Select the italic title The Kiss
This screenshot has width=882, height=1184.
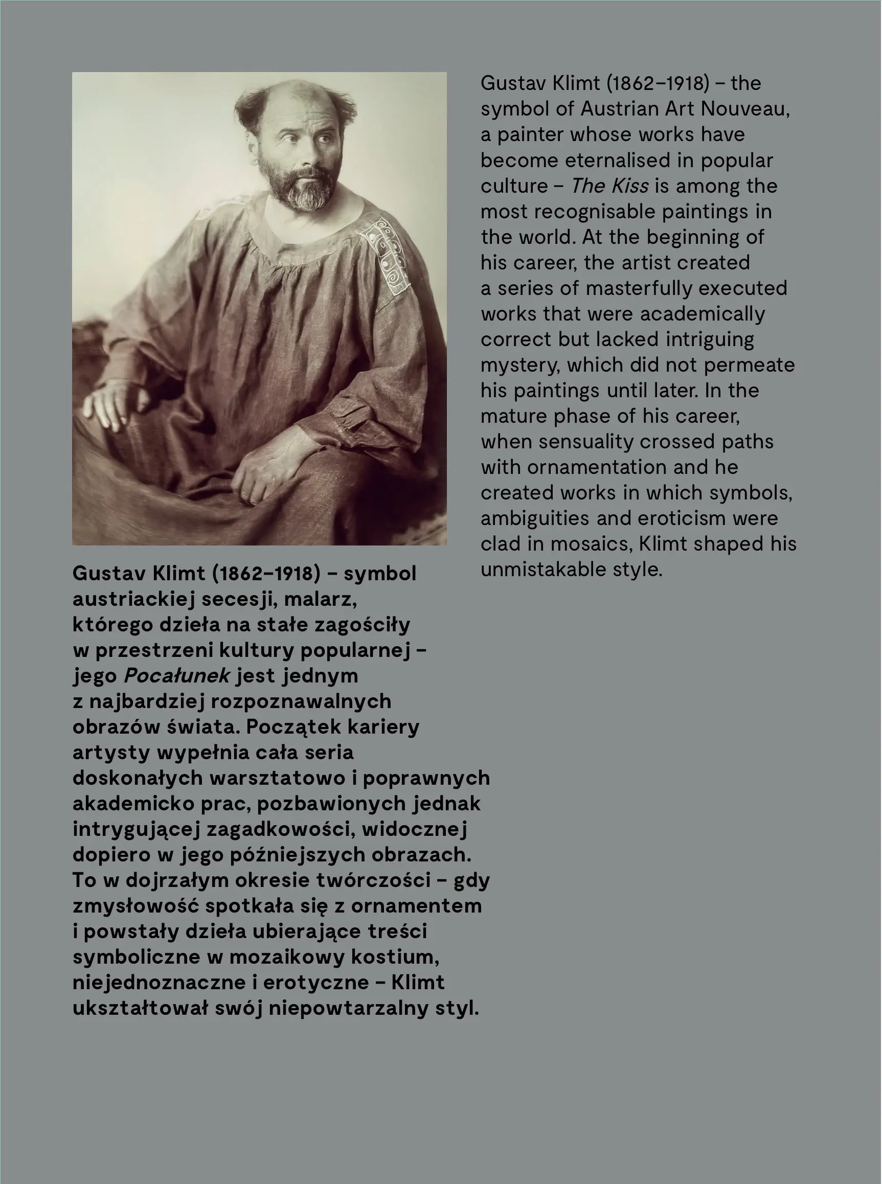[609, 186]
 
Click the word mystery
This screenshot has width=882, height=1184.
[520, 365]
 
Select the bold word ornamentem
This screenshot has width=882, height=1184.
[416, 906]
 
